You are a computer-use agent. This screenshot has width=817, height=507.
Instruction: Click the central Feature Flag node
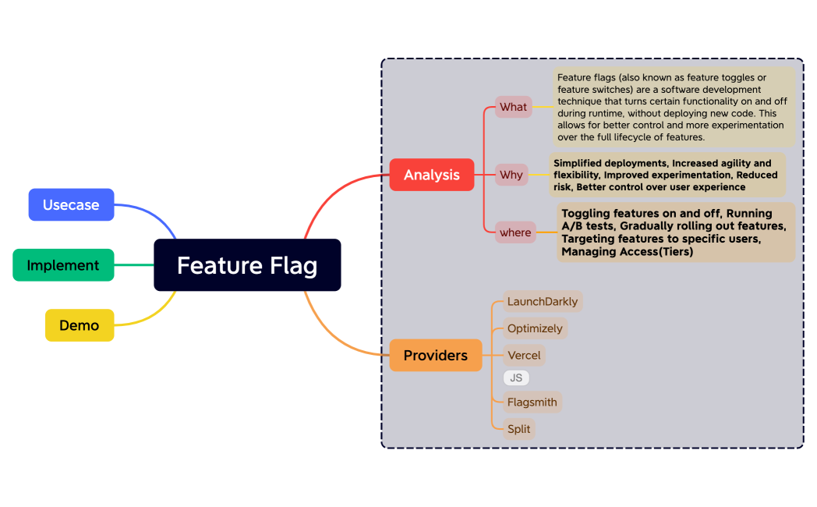[247, 265]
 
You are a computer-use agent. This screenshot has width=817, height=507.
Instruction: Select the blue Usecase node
[71, 205]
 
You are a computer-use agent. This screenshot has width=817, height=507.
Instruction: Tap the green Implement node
[63, 265]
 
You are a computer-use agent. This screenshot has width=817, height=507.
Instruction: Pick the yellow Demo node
[80, 325]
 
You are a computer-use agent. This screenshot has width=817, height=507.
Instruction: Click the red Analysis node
[432, 175]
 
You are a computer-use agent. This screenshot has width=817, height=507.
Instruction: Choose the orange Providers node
[436, 356]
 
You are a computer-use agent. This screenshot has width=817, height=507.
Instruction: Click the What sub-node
[513, 107]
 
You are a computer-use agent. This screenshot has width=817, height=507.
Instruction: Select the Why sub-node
[511, 175]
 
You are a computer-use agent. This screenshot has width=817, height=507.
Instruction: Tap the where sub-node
[515, 232]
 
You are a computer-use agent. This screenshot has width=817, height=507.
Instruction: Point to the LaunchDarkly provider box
[543, 302]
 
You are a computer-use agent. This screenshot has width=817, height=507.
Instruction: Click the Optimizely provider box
[535, 328]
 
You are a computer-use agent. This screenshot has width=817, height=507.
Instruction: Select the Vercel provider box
[524, 355]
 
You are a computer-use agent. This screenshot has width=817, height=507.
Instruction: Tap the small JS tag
[516, 378]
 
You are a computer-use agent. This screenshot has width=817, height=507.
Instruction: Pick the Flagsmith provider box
[532, 402]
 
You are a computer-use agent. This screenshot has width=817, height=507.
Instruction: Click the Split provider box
[519, 429]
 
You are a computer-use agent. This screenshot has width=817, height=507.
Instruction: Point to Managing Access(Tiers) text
[627, 252]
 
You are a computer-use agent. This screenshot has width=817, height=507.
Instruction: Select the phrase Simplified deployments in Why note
[610, 163]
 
